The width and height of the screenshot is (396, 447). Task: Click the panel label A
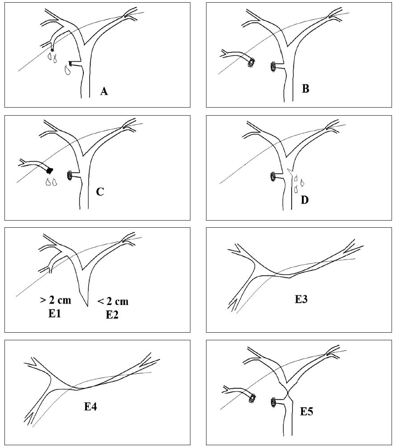coord(104,92)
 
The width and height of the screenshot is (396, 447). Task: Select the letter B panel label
coord(305,88)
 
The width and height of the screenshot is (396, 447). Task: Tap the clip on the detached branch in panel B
coord(252,62)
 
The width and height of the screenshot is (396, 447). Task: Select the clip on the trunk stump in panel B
coord(273,67)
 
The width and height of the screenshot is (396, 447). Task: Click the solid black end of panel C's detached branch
coord(49,170)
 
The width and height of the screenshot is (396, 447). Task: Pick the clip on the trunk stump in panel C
coord(70,175)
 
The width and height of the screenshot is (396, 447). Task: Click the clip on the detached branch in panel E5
coord(252,397)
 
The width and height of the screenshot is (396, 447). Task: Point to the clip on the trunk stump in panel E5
coord(273,402)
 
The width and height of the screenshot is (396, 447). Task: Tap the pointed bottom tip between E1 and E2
coord(87,306)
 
